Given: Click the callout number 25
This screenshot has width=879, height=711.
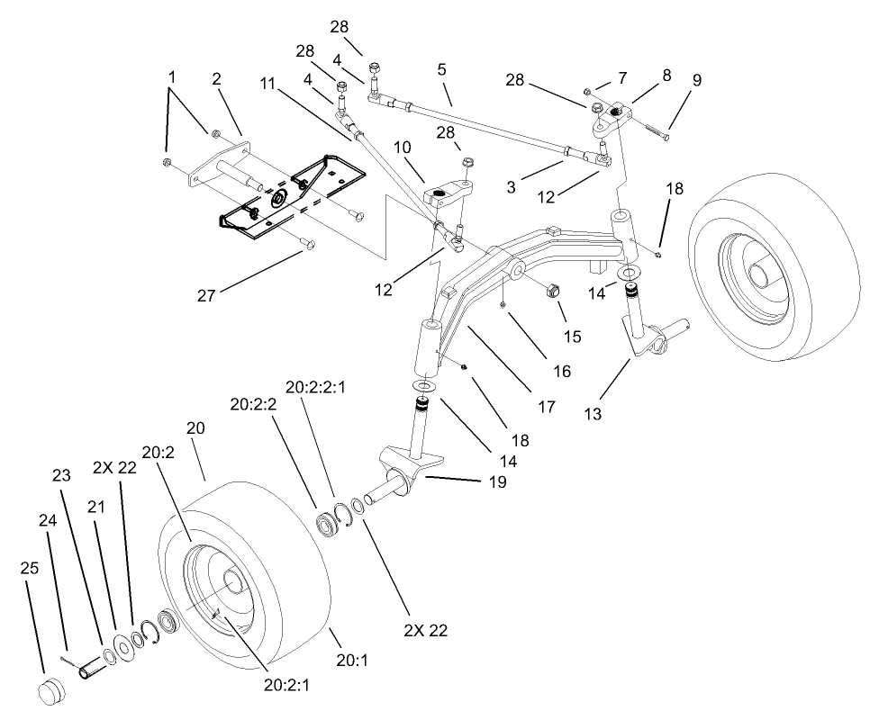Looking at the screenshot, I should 29,569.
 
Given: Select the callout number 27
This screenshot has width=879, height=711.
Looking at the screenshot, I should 207,295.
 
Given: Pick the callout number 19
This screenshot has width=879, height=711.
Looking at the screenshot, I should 496,482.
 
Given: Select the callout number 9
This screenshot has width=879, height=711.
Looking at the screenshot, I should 697,81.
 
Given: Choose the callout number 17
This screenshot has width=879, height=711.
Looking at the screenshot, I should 547,407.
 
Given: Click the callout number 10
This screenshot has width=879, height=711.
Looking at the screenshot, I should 403,147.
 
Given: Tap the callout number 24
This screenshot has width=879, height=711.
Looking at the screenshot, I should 47,520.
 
